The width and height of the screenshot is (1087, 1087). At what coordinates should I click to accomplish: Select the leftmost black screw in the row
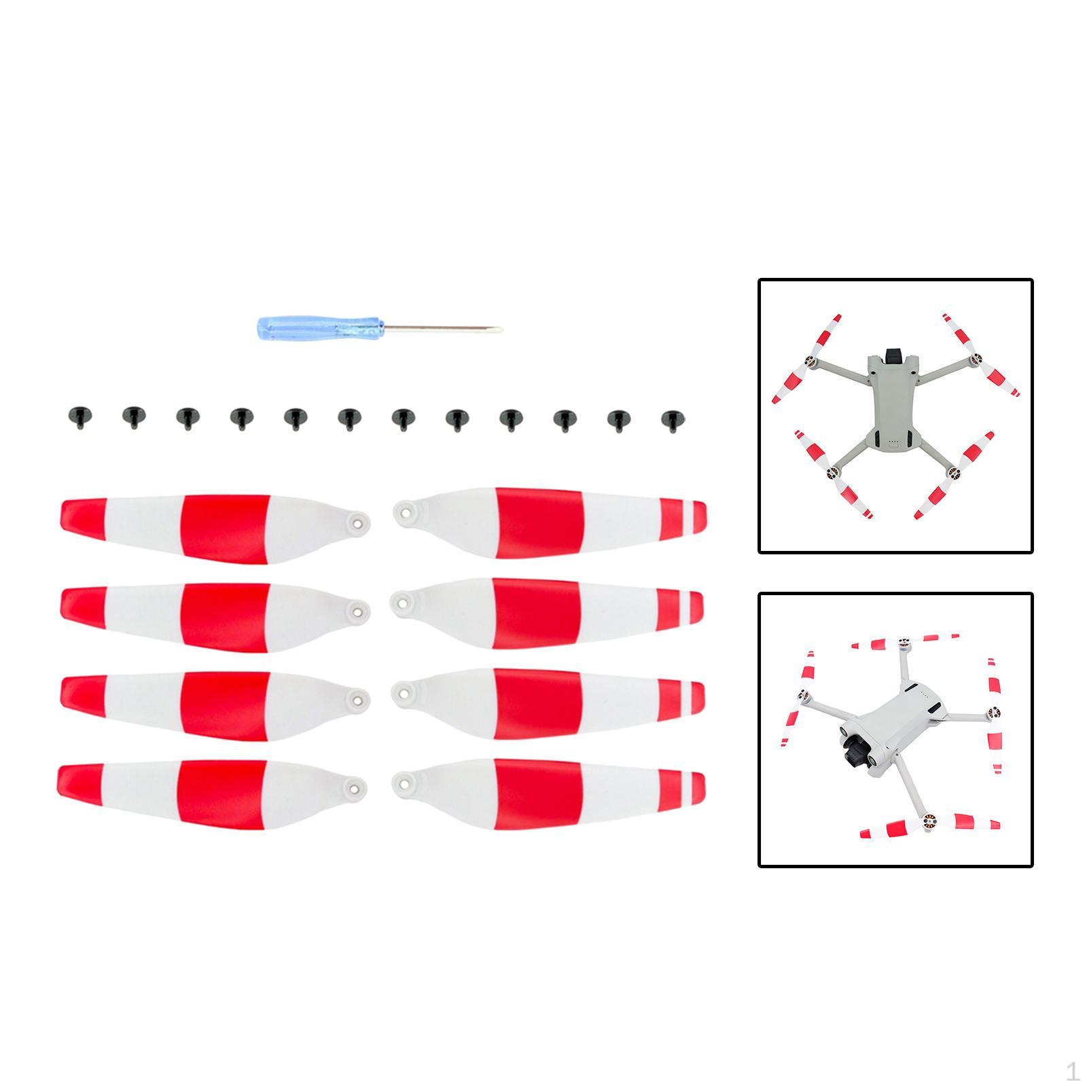tap(77, 417)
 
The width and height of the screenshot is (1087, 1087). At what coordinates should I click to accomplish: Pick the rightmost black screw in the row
tap(671, 421)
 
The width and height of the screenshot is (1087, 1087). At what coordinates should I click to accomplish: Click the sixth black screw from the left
tap(348, 419)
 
